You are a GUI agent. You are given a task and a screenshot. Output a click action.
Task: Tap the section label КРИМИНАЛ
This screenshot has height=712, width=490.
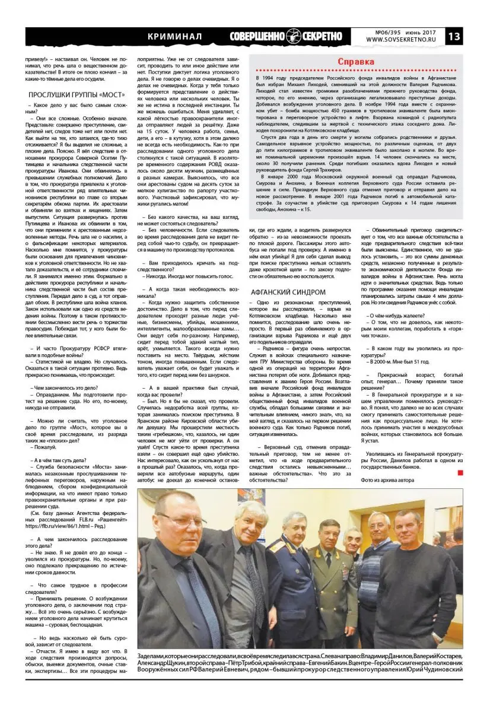(x=175, y=37)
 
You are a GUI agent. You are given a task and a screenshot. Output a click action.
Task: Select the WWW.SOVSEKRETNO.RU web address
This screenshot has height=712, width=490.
(x=401, y=40)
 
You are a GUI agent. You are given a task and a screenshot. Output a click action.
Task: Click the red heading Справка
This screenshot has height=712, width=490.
(x=355, y=62)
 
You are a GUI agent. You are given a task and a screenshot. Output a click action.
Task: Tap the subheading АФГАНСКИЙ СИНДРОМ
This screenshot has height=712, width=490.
(x=288, y=292)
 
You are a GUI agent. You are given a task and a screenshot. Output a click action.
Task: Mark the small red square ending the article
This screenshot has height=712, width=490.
(x=460, y=472)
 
